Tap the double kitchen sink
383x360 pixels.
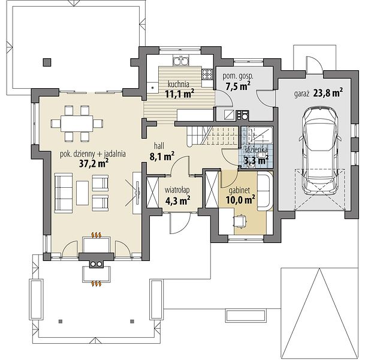181,61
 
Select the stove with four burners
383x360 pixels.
207,74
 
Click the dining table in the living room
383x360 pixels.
77,124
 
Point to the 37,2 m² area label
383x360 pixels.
94,164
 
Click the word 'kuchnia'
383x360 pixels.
178,85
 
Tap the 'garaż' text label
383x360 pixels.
302,94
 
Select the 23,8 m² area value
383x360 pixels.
328,93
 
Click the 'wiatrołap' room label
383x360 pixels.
177,190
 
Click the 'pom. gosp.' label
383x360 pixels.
238,76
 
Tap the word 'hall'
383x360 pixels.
159,146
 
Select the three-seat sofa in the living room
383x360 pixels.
64,192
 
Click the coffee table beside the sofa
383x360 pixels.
82,193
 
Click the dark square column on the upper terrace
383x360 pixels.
47,62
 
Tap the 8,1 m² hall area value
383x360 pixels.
162,157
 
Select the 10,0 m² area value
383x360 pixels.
240,200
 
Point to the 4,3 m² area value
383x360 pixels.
178,201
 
